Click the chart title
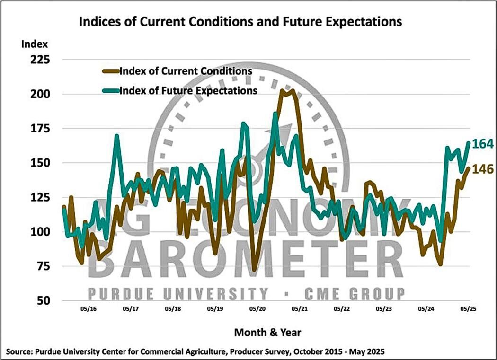coord(240,22)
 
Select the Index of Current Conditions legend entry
coord(185,71)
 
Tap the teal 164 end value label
coord(482,144)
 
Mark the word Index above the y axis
coord(34,45)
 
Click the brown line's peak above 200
coord(293,90)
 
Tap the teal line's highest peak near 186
coord(275,113)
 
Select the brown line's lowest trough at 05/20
coord(255,271)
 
